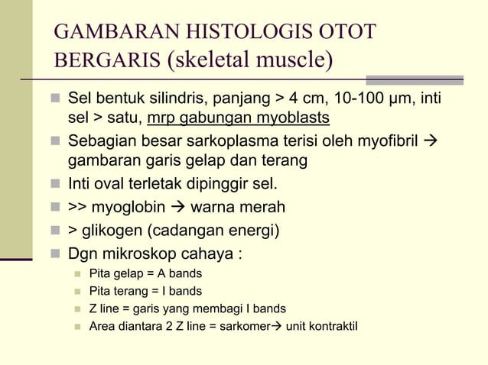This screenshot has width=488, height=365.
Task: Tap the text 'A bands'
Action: coord(180,273)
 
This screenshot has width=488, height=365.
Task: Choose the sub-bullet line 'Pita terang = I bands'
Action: coord(145,291)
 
